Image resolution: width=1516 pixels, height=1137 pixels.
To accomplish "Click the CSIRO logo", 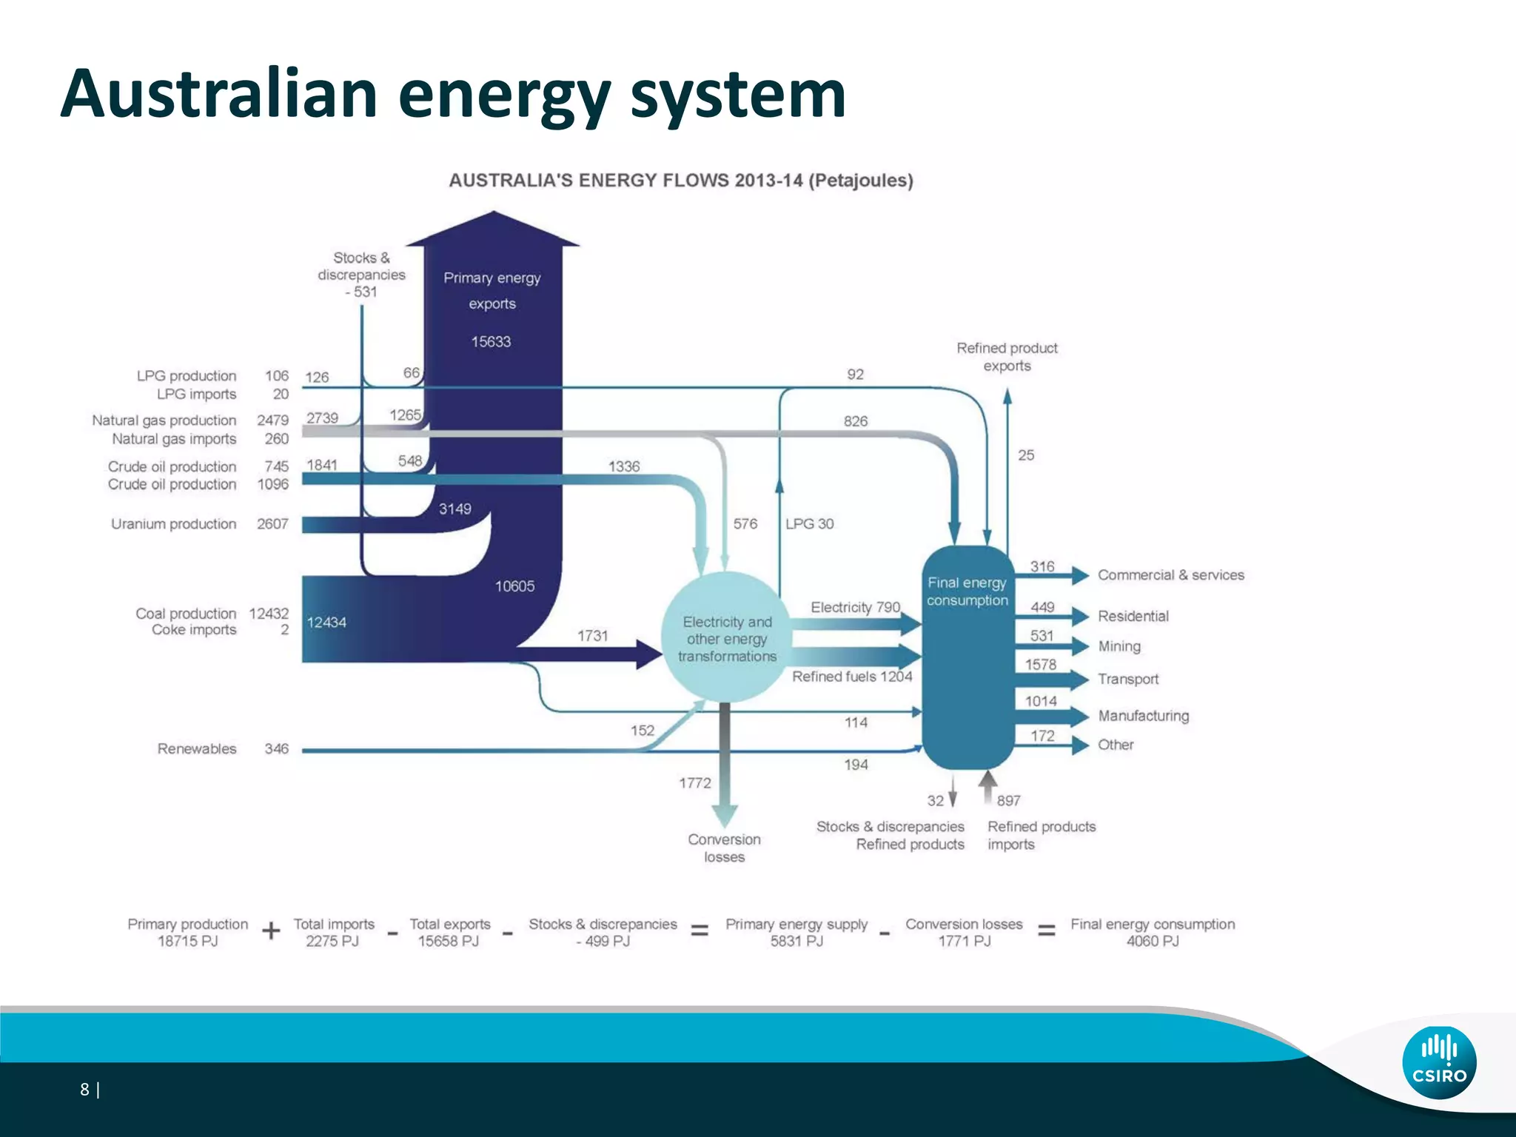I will tap(1438, 1062).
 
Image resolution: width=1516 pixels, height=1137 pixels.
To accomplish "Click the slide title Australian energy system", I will tap(453, 94).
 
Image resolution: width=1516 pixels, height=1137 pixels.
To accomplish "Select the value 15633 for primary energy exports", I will tap(491, 342).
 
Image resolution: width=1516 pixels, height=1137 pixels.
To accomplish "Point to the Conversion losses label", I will tap(724, 848).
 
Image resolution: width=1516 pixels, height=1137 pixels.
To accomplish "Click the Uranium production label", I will tap(173, 524).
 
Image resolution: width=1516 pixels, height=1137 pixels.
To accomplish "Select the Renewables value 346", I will tap(276, 749).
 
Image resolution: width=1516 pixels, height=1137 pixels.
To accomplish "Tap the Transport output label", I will tap(1127, 679).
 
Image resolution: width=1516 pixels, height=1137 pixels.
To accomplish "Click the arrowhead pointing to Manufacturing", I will tap(1079, 716).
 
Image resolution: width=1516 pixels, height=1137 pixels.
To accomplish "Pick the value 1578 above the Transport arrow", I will tap(1040, 665).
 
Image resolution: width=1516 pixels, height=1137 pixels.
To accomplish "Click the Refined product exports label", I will tap(1007, 357).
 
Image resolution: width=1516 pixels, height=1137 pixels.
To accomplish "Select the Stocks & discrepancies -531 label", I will tap(361, 275).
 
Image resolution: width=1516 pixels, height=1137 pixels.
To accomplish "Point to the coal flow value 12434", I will tap(326, 623).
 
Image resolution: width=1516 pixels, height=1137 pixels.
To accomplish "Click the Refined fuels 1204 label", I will tap(851, 677).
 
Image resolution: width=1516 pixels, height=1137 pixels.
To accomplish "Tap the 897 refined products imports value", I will tap(1008, 801).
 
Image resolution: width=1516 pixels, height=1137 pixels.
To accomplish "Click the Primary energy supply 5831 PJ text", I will tap(796, 933).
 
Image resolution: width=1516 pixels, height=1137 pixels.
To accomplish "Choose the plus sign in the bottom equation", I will tap(271, 931).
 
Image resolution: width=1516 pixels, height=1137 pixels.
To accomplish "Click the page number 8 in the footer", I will tap(84, 1089).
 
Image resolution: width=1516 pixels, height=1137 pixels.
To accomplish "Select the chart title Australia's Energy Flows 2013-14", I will tap(681, 181).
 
